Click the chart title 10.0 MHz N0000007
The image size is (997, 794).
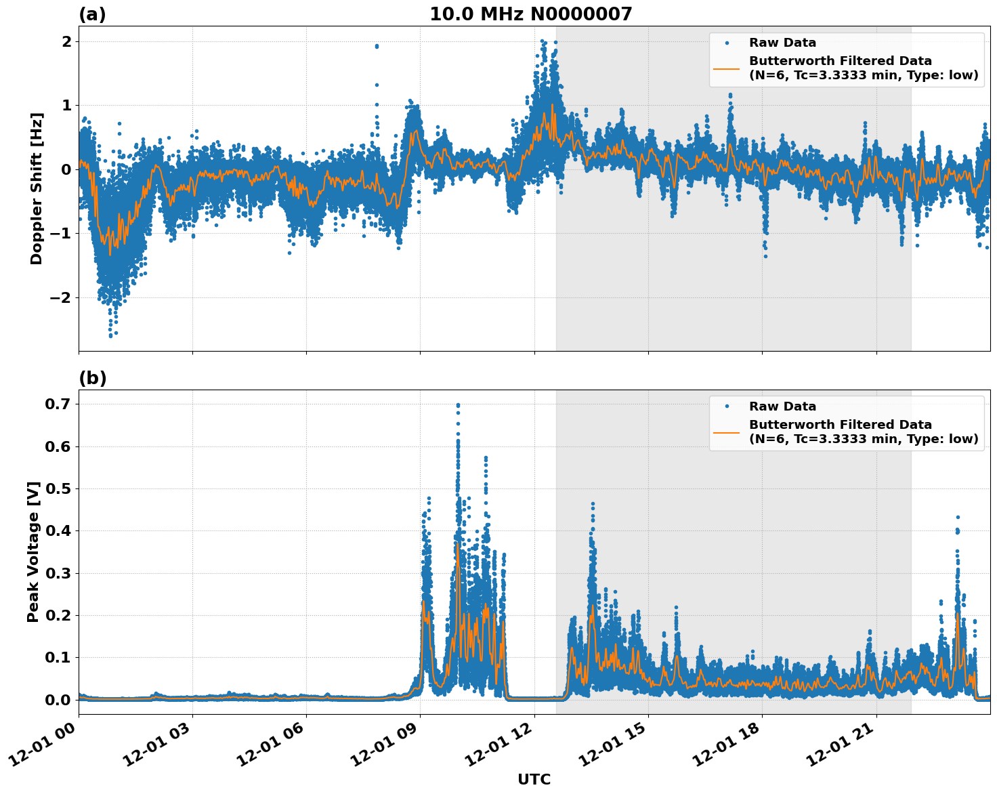coord(530,14)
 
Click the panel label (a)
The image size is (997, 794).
coord(92,14)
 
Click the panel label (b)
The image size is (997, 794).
coord(92,378)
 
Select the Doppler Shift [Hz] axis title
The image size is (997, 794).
coord(37,188)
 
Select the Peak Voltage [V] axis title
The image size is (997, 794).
coord(33,551)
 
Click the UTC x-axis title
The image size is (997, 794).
coord(534,779)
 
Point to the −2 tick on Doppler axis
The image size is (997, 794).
coord(62,297)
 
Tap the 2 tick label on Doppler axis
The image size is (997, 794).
coord(66,41)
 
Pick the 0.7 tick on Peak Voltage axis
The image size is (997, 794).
coord(58,404)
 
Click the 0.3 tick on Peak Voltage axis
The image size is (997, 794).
coord(58,573)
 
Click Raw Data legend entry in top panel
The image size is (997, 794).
coord(782,43)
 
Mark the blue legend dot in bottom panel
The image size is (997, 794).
coord(727,406)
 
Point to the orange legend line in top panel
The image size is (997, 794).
coord(727,68)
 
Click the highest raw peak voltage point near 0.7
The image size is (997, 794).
coord(458,405)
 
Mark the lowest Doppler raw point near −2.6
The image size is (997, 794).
coord(110,335)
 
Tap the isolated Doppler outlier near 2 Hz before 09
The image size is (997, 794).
coord(377,46)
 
